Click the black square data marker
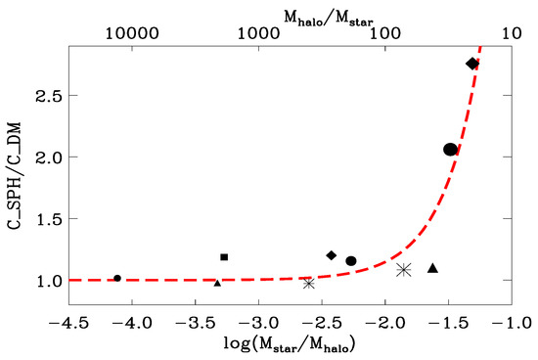click(224, 257)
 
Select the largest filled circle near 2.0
click(450, 150)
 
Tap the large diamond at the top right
click(472, 64)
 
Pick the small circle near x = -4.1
click(117, 278)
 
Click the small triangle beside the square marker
click(217, 283)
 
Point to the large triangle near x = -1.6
click(432, 268)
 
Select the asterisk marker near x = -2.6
click(308, 283)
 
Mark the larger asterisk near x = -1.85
click(403, 269)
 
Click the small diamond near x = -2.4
click(332, 255)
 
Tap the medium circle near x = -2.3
click(351, 261)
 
